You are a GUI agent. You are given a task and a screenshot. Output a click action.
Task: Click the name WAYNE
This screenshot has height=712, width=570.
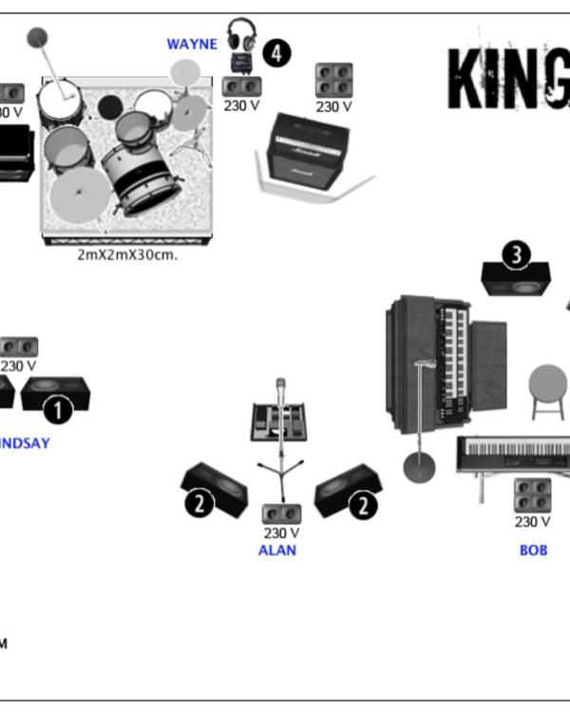(192, 45)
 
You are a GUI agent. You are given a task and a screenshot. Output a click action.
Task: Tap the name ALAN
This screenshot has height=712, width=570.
(277, 550)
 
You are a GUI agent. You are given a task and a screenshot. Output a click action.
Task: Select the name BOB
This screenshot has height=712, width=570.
(533, 550)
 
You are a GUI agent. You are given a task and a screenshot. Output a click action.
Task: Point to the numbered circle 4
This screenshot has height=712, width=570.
(276, 53)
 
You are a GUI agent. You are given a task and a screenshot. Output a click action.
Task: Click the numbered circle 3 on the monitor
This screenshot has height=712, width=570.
(516, 254)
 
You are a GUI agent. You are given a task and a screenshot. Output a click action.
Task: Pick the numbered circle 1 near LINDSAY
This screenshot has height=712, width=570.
(59, 410)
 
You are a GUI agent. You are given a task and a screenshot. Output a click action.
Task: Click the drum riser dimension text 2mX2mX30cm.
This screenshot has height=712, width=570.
(126, 255)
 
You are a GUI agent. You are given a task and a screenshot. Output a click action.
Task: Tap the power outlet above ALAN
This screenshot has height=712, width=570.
(281, 513)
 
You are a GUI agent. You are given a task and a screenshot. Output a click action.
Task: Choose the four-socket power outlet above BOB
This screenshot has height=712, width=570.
(533, 495)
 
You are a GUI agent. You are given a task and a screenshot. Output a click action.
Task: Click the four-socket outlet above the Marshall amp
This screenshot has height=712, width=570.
(333, 80)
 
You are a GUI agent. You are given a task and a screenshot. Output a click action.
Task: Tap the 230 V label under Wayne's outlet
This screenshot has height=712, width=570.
(241, 105)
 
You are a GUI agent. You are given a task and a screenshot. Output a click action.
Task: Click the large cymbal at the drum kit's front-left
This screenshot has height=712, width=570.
(80, 196)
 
